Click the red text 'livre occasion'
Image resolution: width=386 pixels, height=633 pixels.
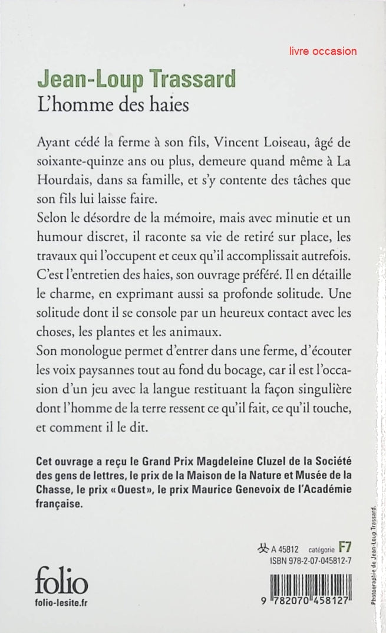point(323,51)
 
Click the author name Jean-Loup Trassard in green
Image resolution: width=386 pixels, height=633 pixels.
point(136,79)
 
